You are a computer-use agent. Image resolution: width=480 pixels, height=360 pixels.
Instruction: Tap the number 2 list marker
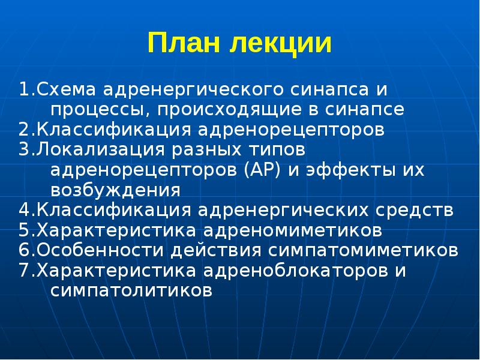[x=23, y=130]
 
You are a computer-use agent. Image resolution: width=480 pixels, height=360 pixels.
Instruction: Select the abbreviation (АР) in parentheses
[x=262, y=170]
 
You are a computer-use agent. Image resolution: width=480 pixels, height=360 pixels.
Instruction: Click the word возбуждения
[x=115, y=190]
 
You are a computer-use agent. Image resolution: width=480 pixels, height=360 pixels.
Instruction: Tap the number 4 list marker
[x=23, y=210]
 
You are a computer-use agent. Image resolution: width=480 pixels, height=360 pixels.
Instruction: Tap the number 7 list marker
[x=23, y=269]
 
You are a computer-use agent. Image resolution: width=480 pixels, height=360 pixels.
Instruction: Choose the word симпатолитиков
[x=131, y=290]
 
